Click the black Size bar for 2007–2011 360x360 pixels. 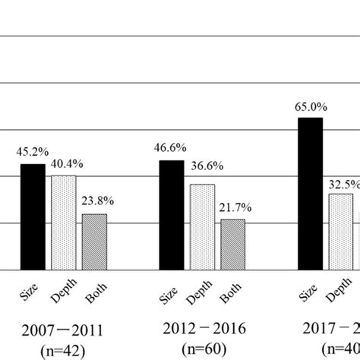tap(32, 216)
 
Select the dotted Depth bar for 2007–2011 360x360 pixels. tap(64, 222)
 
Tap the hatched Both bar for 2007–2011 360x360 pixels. tap(94, 242)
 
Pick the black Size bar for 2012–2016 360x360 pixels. tap(171, 214)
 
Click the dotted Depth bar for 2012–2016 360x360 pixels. tap(202, 226)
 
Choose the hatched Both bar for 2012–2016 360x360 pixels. tap(233, 244)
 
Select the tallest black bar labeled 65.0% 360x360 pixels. tap(310, 193)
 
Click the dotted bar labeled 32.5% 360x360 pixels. tap(341, 231)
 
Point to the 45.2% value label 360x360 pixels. tap(30, 152)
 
